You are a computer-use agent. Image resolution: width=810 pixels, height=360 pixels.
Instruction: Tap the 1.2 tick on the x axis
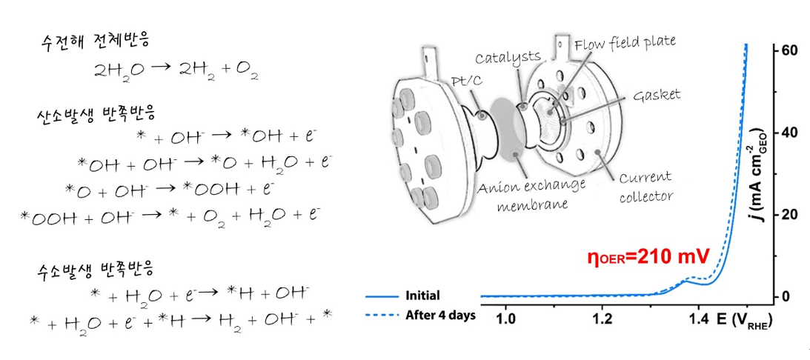(602, 320)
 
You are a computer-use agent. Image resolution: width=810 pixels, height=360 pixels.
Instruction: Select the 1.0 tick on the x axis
(505, 320)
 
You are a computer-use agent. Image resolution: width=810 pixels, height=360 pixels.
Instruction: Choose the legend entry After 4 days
(440, 314)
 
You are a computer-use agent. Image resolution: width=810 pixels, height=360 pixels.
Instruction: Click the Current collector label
(645, 185)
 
